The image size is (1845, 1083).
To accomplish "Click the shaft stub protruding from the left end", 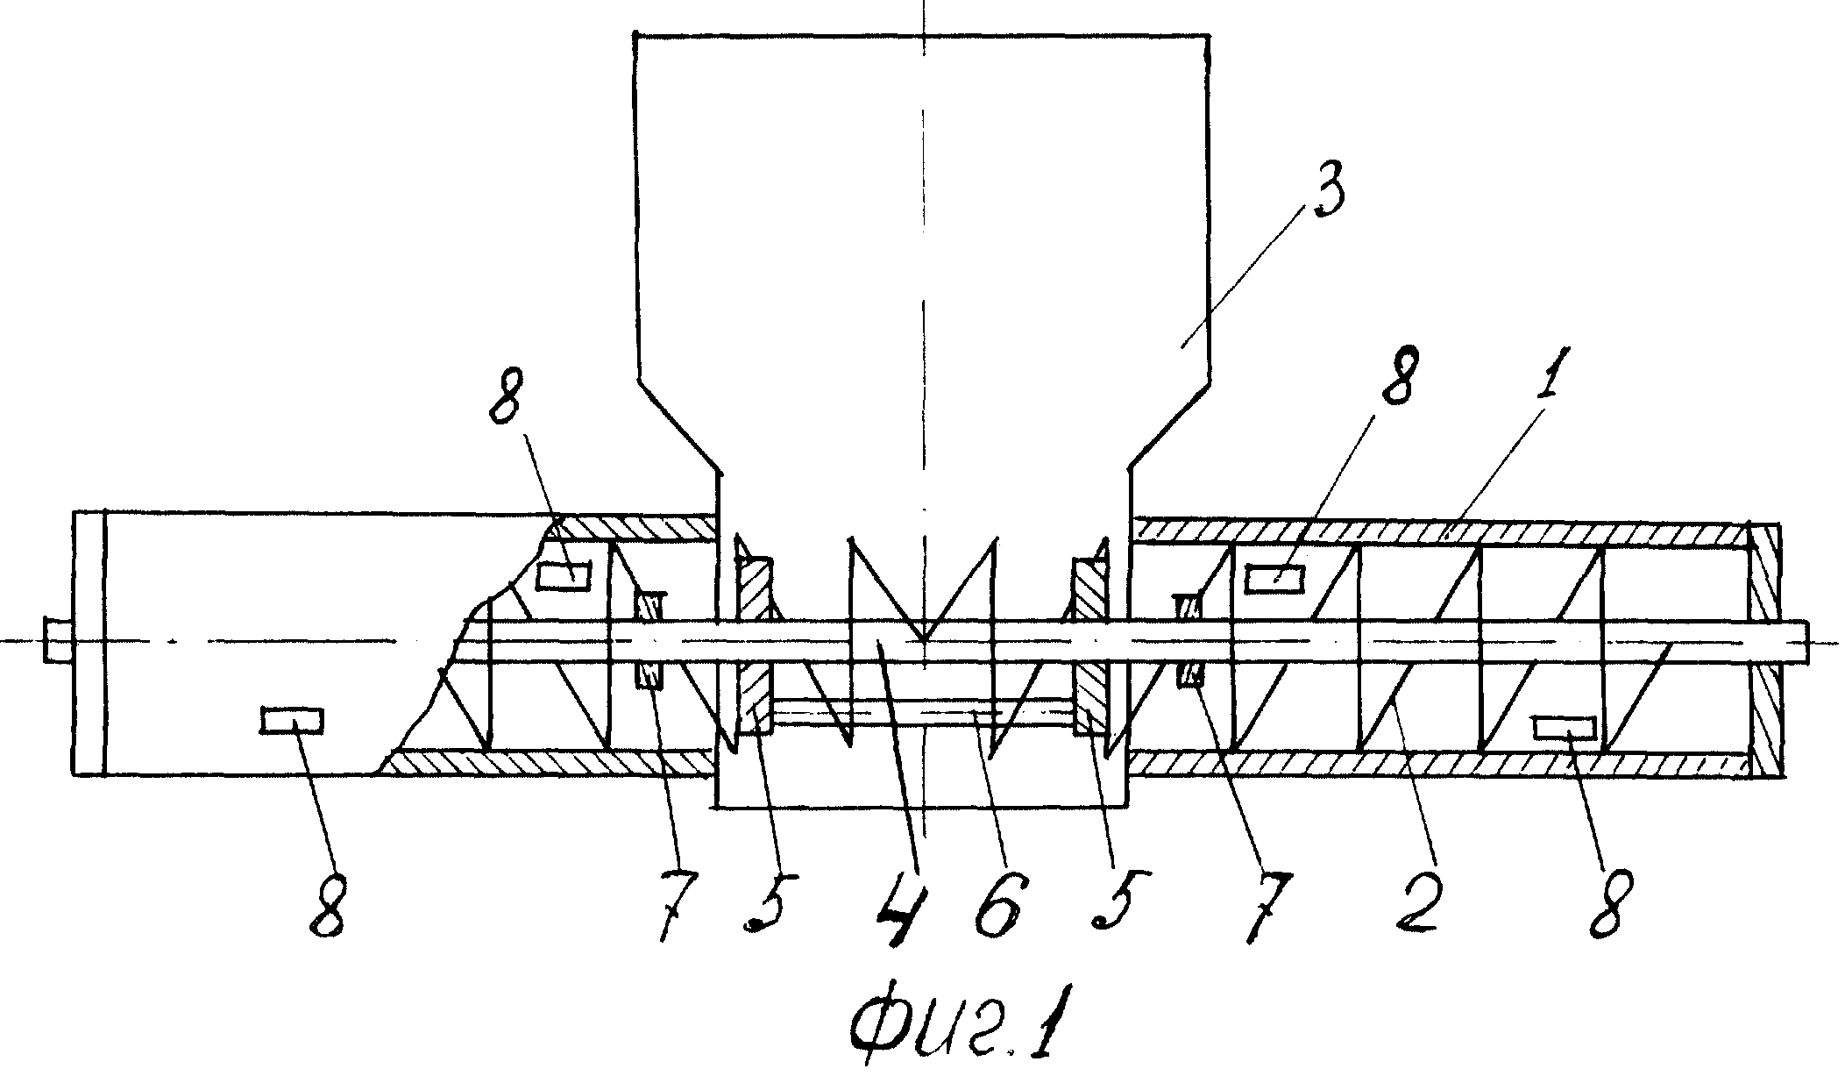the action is tap(58, 641).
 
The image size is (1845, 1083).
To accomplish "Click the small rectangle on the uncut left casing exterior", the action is tap(293, 720).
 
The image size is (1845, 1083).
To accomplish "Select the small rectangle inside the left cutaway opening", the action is tap(564, 576).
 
